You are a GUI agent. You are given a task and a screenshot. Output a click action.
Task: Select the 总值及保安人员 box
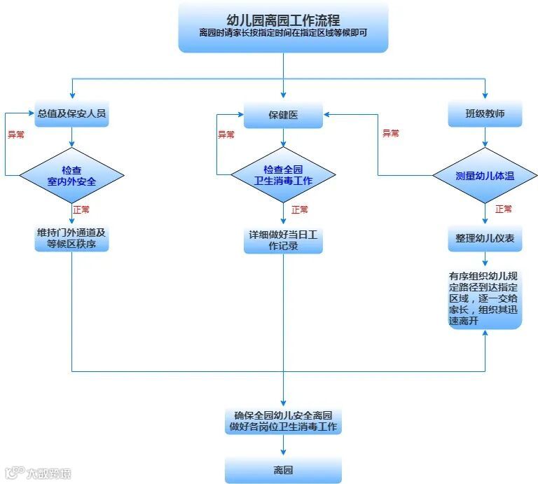[72, 113]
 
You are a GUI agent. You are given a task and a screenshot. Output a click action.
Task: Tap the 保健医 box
[283, 115]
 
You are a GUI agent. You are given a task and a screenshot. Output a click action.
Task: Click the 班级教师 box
[485, 113]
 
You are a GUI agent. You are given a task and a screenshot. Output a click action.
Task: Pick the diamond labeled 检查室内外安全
[71, 174]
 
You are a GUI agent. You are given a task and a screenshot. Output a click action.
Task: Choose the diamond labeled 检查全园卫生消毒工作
[283, 174]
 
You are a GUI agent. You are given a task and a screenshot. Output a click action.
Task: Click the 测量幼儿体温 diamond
[485, 176]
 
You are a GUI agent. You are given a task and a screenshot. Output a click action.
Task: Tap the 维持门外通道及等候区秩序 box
[72, 239]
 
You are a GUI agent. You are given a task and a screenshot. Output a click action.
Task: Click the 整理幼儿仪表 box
[485, 239]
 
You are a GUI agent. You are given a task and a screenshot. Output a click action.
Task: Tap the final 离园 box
[283, 470]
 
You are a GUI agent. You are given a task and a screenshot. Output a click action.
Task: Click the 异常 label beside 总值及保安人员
[15, 134]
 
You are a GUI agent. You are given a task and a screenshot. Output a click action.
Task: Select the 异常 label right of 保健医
[390, 133]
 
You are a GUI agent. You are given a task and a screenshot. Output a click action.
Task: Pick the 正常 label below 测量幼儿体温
[503, 209]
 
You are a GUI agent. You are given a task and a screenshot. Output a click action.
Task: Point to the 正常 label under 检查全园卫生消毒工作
[299, 209]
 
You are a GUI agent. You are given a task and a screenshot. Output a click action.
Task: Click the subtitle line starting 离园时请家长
[283, 33]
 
